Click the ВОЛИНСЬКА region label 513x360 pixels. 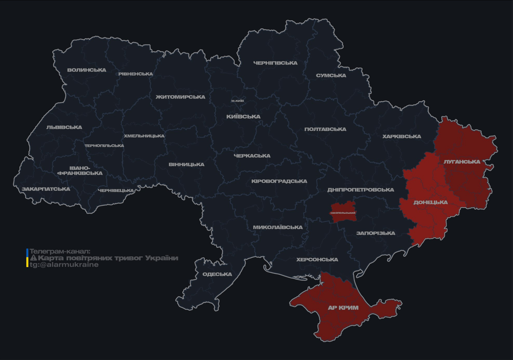(87, 70)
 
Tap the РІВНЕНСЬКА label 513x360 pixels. (136, 74)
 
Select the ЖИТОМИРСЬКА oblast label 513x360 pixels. (181, 97)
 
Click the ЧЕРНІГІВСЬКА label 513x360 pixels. (275, 63)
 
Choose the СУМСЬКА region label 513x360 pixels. (331, 75)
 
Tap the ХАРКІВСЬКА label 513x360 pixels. (401, 136)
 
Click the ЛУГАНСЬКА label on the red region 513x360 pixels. (462, 162)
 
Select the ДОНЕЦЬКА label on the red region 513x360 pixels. (430, 202)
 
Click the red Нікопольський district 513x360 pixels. (343, 210)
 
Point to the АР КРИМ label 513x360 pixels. (343, 308)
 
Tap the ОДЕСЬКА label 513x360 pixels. (217, 274)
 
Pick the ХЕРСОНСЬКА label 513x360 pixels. (317, 260)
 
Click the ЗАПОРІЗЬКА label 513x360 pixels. (376, 233)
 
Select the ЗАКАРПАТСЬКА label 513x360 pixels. (46, 189)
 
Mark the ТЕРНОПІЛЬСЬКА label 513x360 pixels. (104, 146)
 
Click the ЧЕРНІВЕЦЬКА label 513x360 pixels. (116, 191)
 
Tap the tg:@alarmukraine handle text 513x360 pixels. (64, 265)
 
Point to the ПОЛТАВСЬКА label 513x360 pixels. (325, 129)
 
